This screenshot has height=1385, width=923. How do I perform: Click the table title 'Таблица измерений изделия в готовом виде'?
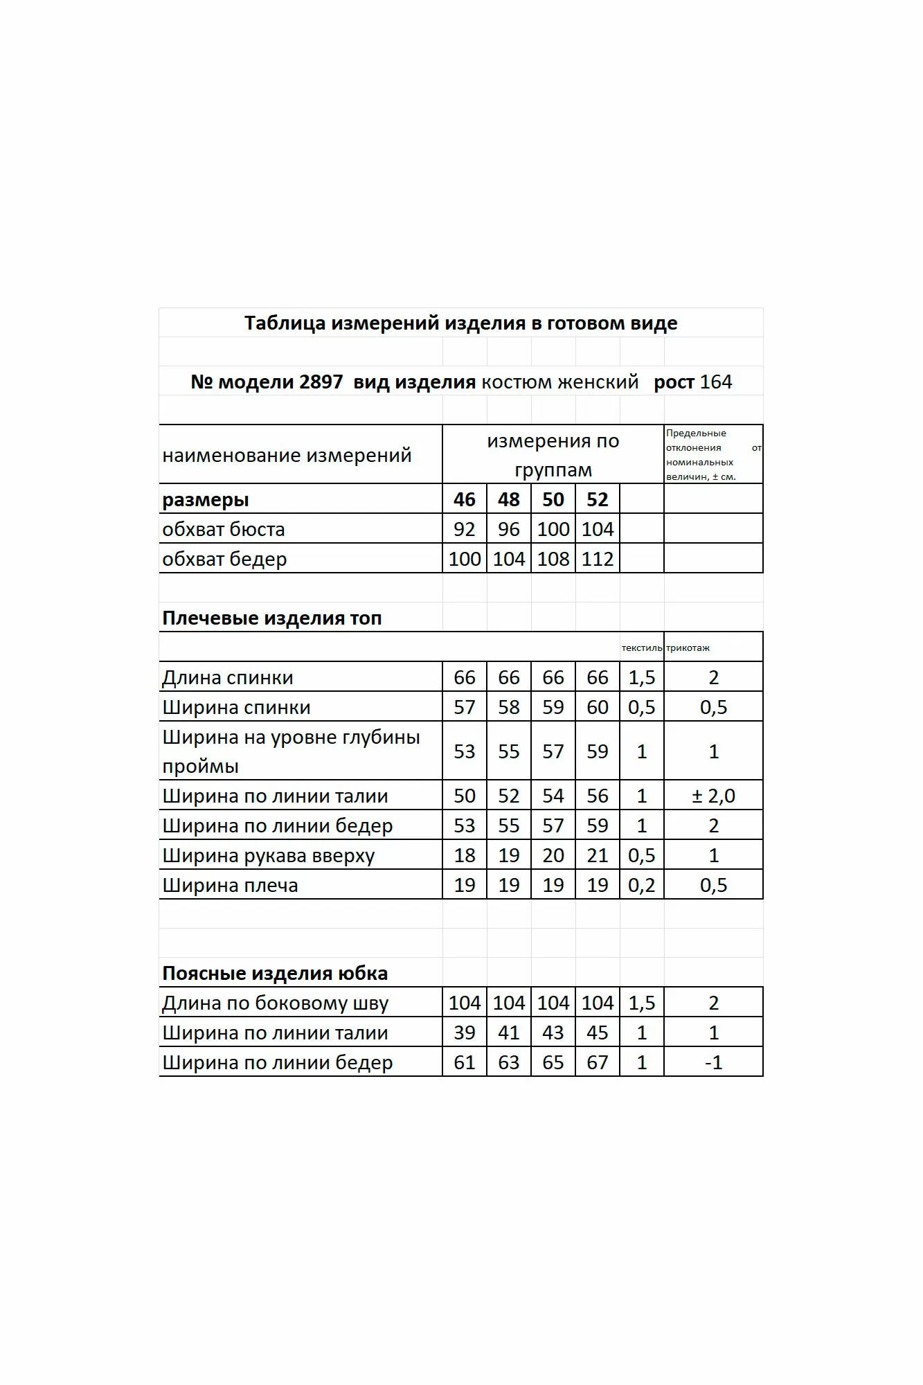tap(460, 323)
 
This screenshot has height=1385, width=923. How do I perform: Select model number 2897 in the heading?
tap(321, 382)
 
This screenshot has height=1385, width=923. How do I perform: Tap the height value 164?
tap(716, 382)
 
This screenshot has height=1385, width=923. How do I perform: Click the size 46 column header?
tap(464, 499)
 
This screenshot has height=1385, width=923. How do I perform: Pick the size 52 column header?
tap(597, 499)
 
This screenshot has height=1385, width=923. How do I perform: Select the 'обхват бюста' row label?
tap(224, 530)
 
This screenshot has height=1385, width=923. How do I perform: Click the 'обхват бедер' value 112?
tap(597, 559)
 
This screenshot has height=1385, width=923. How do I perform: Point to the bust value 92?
tap(464, 530)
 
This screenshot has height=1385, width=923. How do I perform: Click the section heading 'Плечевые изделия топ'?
tap(271, 618)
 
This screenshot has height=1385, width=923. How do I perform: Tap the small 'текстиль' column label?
tap(641, 648)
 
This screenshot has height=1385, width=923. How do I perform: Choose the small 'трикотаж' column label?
tap(688, 648)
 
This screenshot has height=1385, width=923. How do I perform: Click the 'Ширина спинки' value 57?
tap(464, 707)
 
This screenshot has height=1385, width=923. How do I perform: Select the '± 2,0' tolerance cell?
tap(713, 796)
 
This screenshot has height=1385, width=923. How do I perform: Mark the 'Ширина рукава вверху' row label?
tap(268, 856)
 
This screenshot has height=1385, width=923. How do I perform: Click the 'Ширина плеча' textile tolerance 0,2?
tap(641, 885)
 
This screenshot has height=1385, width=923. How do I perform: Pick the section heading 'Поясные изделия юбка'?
tap(275, 974)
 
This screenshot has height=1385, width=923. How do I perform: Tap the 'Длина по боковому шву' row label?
tap(275, 1003)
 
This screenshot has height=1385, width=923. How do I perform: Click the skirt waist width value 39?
tap(464, 1033)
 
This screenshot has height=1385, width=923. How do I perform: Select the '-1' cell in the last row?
tap(713, 1062)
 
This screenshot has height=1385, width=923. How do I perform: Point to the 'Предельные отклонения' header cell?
tap(713, 454)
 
